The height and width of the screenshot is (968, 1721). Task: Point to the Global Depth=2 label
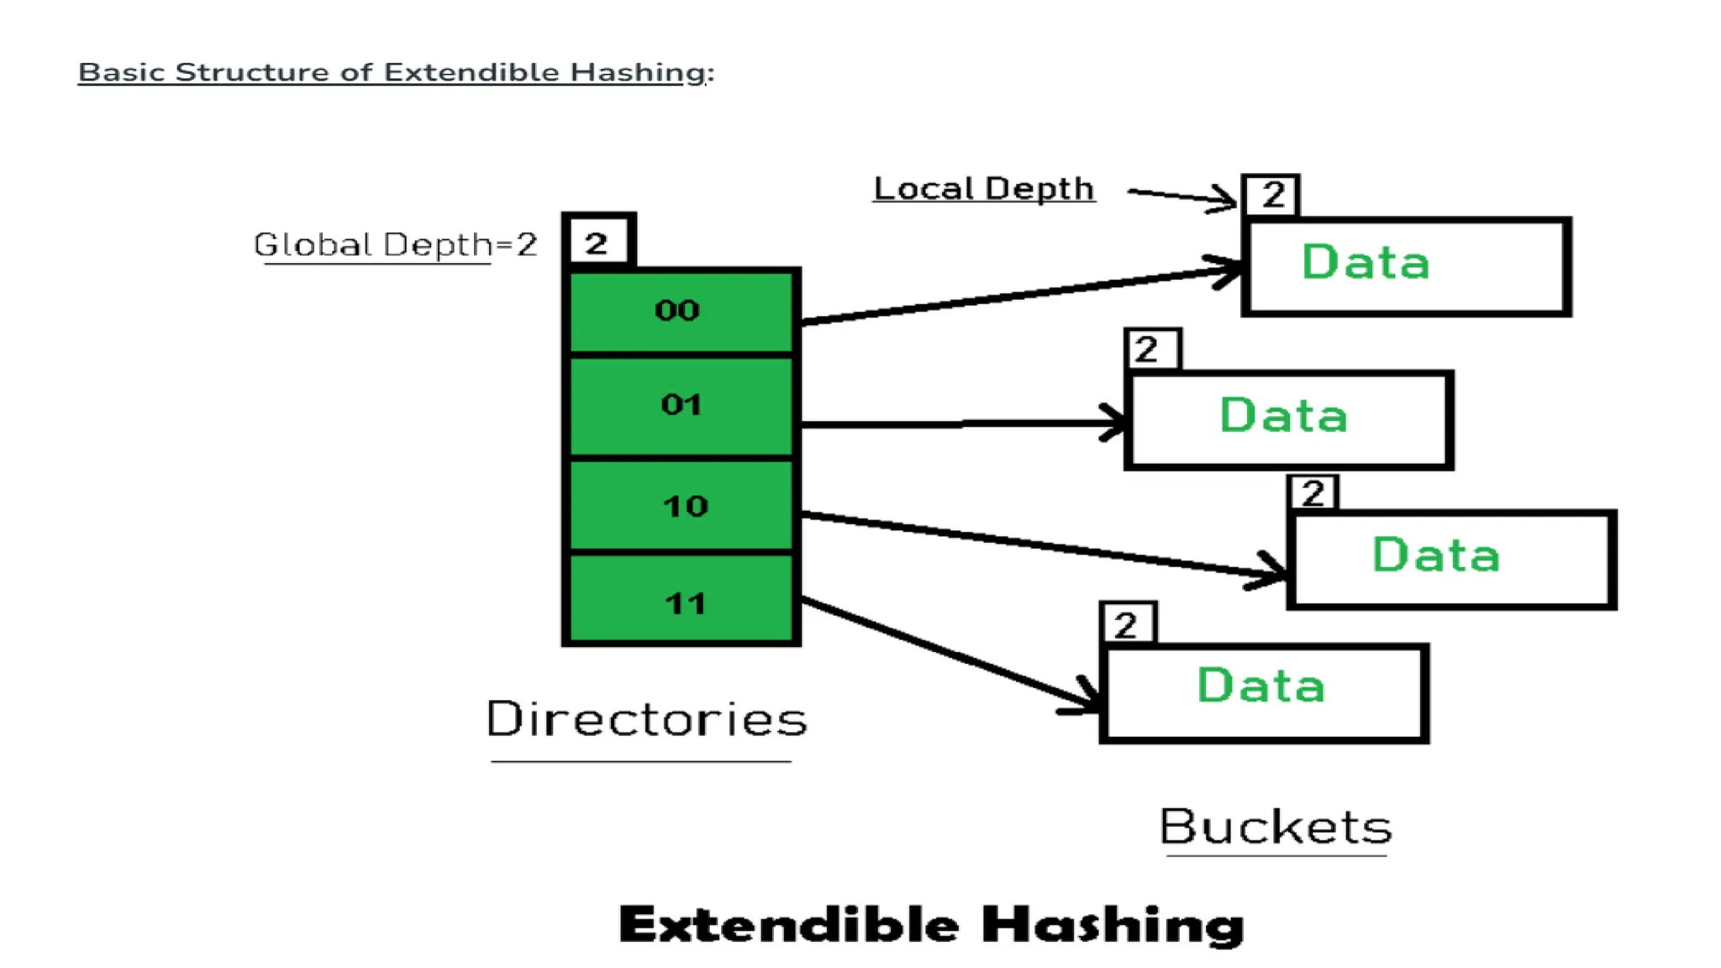[395, 245]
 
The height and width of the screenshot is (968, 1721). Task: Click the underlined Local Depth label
[984, 189]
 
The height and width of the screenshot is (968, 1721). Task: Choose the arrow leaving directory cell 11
[950, 655]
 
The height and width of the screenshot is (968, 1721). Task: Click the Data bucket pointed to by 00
[1407, 266]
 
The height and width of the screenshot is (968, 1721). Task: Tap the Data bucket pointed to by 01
[1289, 419]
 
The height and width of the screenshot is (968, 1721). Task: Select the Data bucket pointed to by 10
[1451, 559]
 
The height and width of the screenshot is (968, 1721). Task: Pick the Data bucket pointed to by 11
[1264, 693]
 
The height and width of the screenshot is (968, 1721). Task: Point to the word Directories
[646, 720]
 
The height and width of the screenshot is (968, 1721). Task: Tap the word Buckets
[1276, 828]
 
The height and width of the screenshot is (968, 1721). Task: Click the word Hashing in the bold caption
[1113, 925]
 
